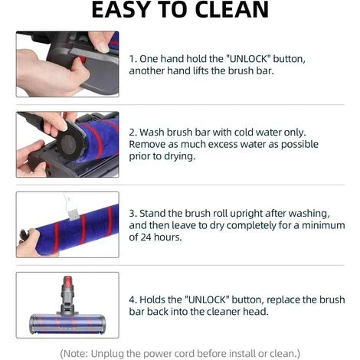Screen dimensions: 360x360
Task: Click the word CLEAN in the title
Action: [231, 10]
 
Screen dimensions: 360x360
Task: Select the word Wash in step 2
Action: [154, 132]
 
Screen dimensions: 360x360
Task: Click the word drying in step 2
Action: [178, 156]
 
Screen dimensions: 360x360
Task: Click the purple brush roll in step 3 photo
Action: [77, 222]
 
